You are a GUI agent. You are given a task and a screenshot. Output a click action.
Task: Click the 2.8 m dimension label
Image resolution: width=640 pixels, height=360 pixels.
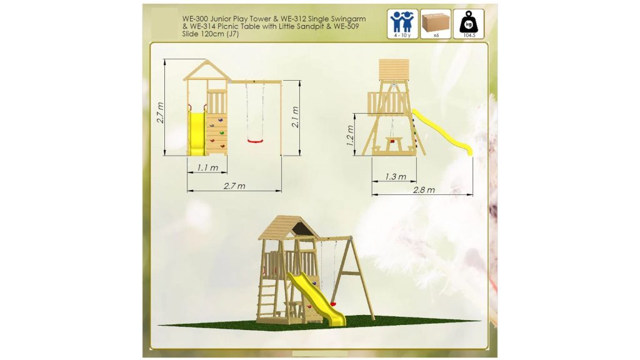point(424,190)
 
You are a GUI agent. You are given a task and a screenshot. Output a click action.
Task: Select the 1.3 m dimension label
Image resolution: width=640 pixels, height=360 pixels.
point(396,177)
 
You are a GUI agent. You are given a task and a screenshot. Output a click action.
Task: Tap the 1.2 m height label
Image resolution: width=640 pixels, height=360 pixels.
point(350,136)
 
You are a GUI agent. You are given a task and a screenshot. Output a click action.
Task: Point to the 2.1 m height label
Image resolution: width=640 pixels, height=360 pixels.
point(295,117)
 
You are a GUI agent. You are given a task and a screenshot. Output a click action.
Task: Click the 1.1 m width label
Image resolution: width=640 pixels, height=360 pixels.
point(207,167)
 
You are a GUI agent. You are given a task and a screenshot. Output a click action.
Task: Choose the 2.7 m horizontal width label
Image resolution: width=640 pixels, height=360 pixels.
point(234,186)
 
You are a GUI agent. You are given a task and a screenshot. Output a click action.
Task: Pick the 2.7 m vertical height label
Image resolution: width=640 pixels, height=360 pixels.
point(160,112)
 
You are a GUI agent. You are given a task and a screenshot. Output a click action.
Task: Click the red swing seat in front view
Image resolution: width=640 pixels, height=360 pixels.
point(255,141)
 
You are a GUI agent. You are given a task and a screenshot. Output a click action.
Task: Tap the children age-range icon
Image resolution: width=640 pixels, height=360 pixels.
point(402,24)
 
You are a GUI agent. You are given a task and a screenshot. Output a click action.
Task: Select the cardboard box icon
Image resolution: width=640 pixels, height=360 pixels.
point(436,24)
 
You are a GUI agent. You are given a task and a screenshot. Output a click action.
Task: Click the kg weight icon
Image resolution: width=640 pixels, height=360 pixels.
point(469,24)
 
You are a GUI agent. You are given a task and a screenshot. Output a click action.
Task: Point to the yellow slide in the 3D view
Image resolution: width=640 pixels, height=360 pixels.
point(316,298)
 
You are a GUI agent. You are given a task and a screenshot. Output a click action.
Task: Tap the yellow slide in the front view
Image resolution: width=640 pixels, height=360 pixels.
point(196,134)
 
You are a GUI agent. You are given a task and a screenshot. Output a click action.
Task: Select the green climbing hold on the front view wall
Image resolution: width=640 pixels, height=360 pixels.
point(222,132)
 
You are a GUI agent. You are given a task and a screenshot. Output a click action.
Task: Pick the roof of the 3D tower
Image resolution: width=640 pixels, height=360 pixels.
point(289,227)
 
